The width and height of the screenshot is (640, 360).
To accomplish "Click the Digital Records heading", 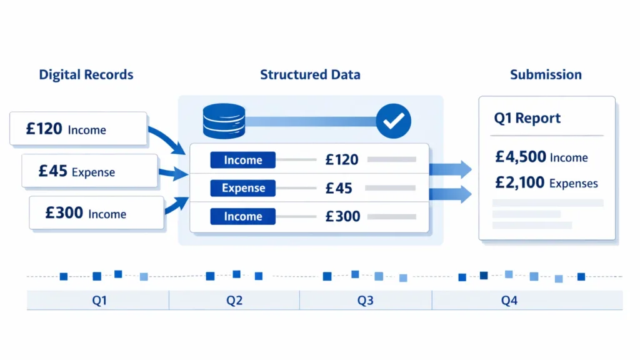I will [x=86, y=75].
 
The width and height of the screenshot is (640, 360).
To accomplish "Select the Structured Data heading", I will [x=310, y=75].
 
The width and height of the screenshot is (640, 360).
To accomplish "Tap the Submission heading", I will [x=546, y=75].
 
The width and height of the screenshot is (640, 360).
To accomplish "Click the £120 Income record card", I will [x=78, y=129].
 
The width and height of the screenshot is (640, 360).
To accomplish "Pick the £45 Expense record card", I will [x=89, y=171].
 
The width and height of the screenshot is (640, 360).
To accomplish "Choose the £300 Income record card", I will [x=96, y=213].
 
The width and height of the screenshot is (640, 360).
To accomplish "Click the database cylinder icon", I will [x=224, y=120].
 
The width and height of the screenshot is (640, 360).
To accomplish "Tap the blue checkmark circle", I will [x=393, y=121].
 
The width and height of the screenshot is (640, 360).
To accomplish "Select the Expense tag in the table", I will [x=243, y=188].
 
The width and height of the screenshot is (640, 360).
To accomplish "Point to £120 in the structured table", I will [x=342, y=160].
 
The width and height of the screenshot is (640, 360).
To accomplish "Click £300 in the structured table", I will [x=342, y=217].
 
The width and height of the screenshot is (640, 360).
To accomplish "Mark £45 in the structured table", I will [x=339, y=188].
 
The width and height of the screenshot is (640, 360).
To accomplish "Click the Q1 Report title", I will [x=527, y=119].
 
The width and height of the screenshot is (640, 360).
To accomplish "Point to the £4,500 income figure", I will [x=521, y=157].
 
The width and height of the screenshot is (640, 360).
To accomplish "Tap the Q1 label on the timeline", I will [x=99, y=301].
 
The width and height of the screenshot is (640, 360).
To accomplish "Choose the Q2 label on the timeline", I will [x=234, y=301].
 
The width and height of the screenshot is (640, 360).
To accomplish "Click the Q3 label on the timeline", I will [x=365, y=301].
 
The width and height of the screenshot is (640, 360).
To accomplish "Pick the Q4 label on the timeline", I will [x=509, y=301].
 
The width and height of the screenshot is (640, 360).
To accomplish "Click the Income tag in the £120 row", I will [x=243, y=160].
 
